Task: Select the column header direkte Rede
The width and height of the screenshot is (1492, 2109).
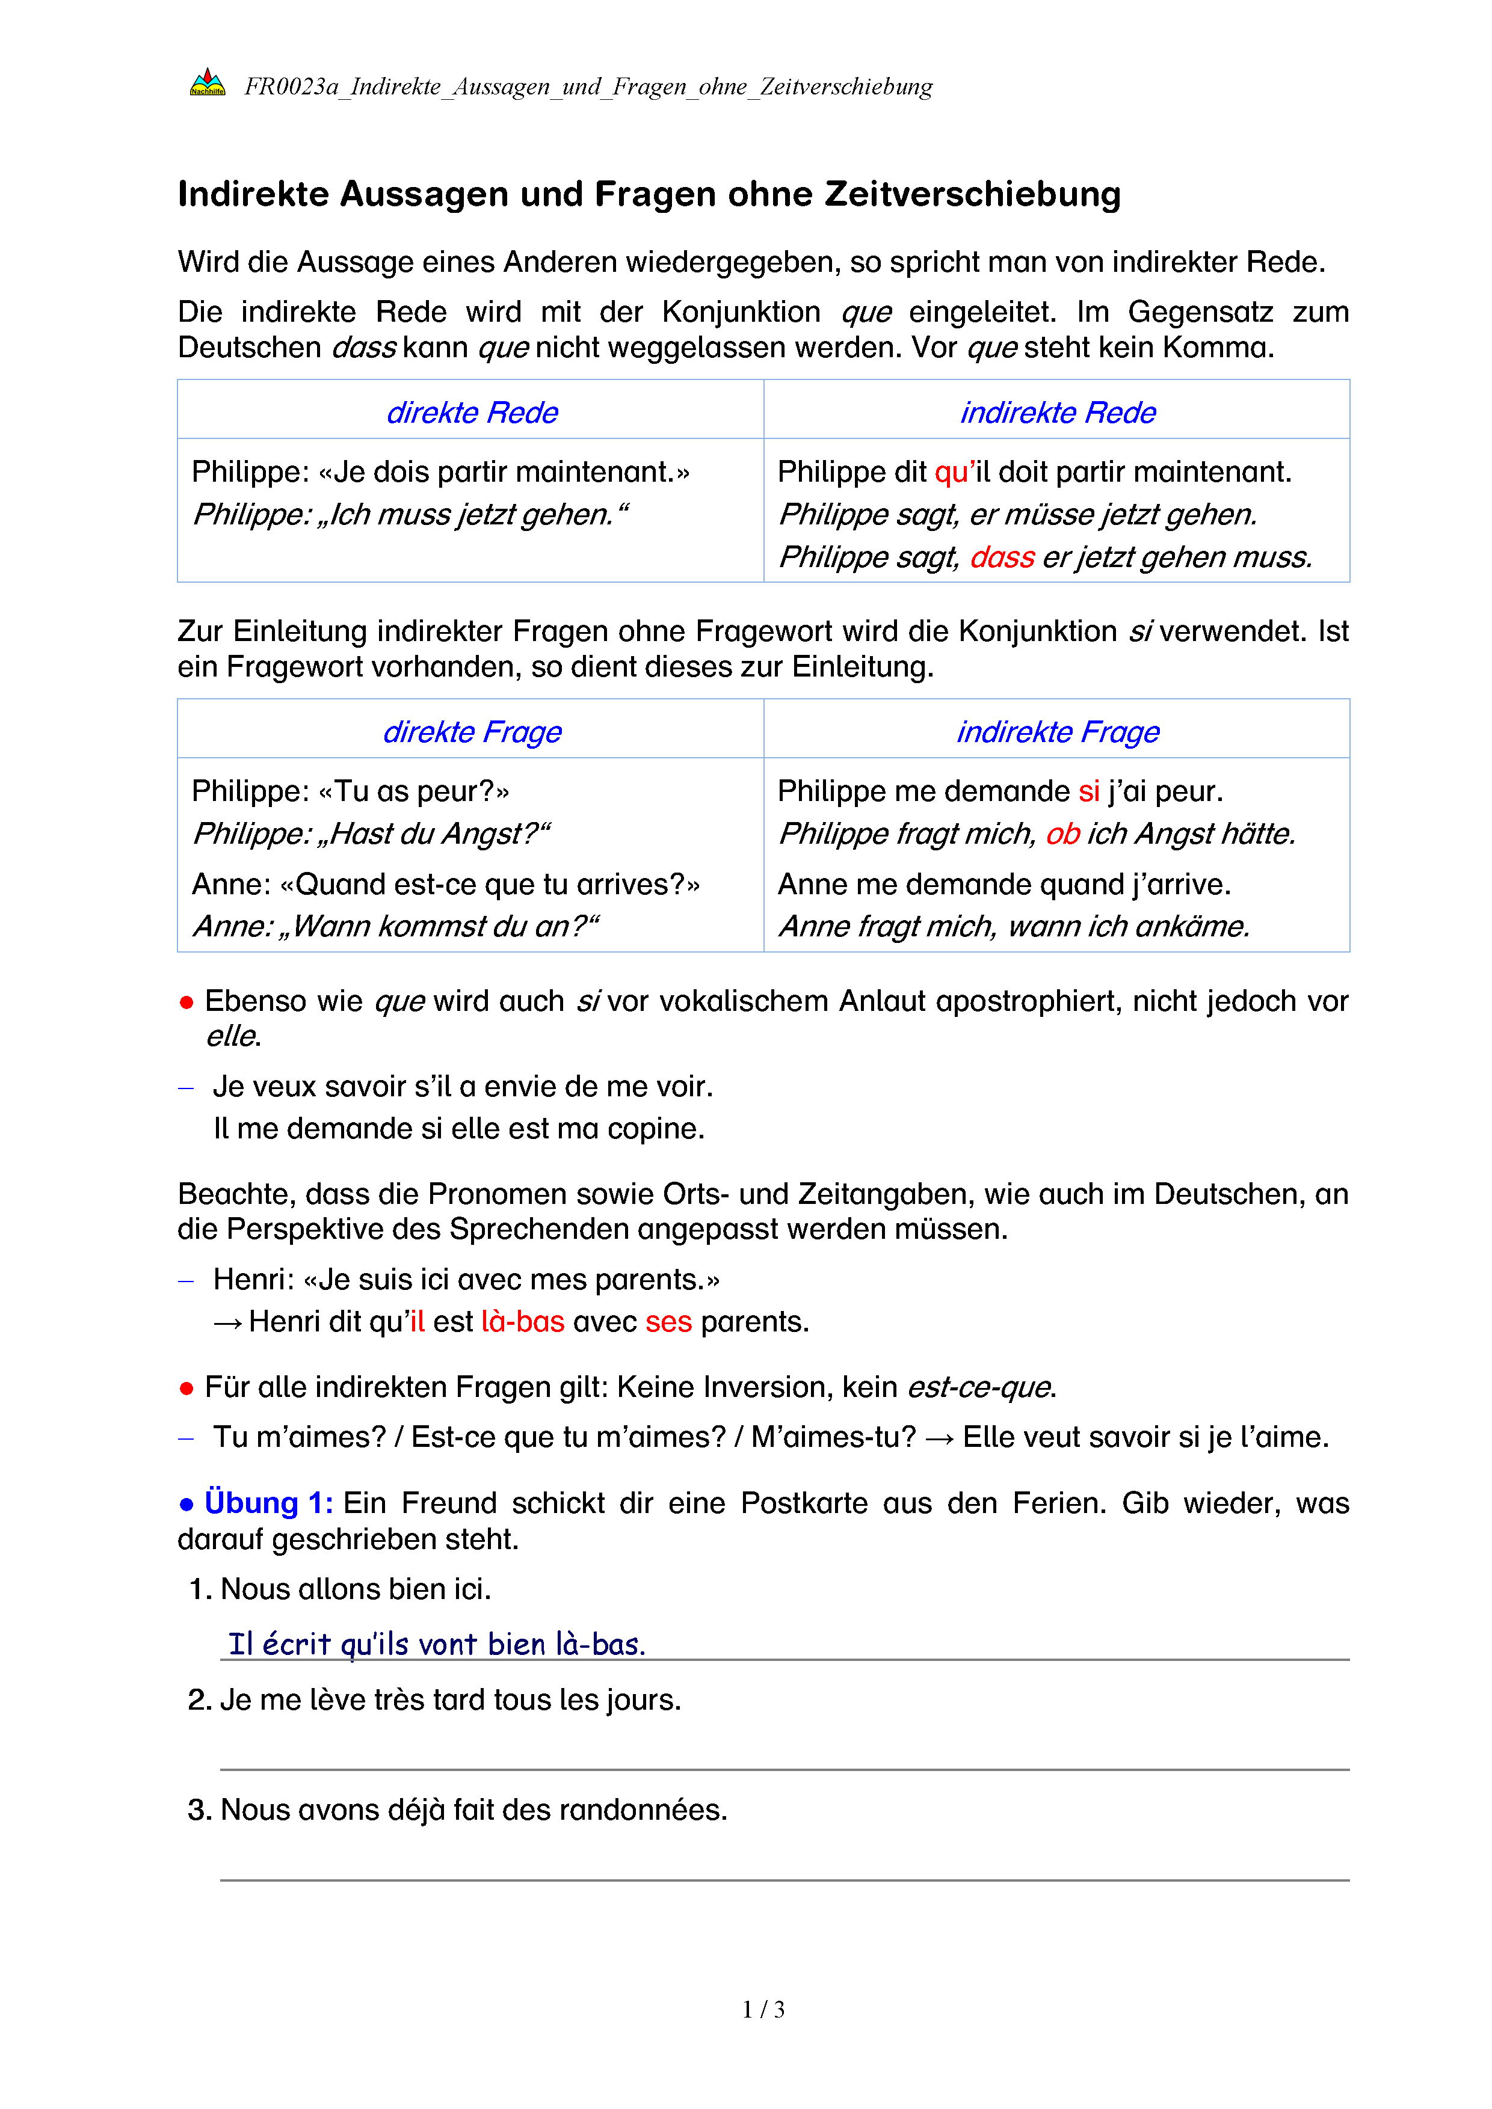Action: [471, 413]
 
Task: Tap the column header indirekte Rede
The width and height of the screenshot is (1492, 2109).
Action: [1058, 413]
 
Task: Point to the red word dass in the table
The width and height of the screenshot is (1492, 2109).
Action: [1002, 557]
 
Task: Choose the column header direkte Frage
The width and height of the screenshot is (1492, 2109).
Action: [471, 732]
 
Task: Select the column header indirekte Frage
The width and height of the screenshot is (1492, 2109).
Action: [1058, 732]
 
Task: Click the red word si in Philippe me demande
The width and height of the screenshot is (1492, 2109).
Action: [1089, 791]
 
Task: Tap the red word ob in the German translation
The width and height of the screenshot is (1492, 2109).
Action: [1062, 834]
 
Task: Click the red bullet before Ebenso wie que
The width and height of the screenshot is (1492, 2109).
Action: [186, 1002]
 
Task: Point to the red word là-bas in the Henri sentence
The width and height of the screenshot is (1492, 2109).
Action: [522, 1322]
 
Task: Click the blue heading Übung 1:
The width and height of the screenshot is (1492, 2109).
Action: [268, 1503]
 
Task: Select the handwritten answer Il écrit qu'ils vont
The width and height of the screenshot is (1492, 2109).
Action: [436, 1644]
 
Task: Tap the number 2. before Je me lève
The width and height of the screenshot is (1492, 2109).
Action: [200, 1700]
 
